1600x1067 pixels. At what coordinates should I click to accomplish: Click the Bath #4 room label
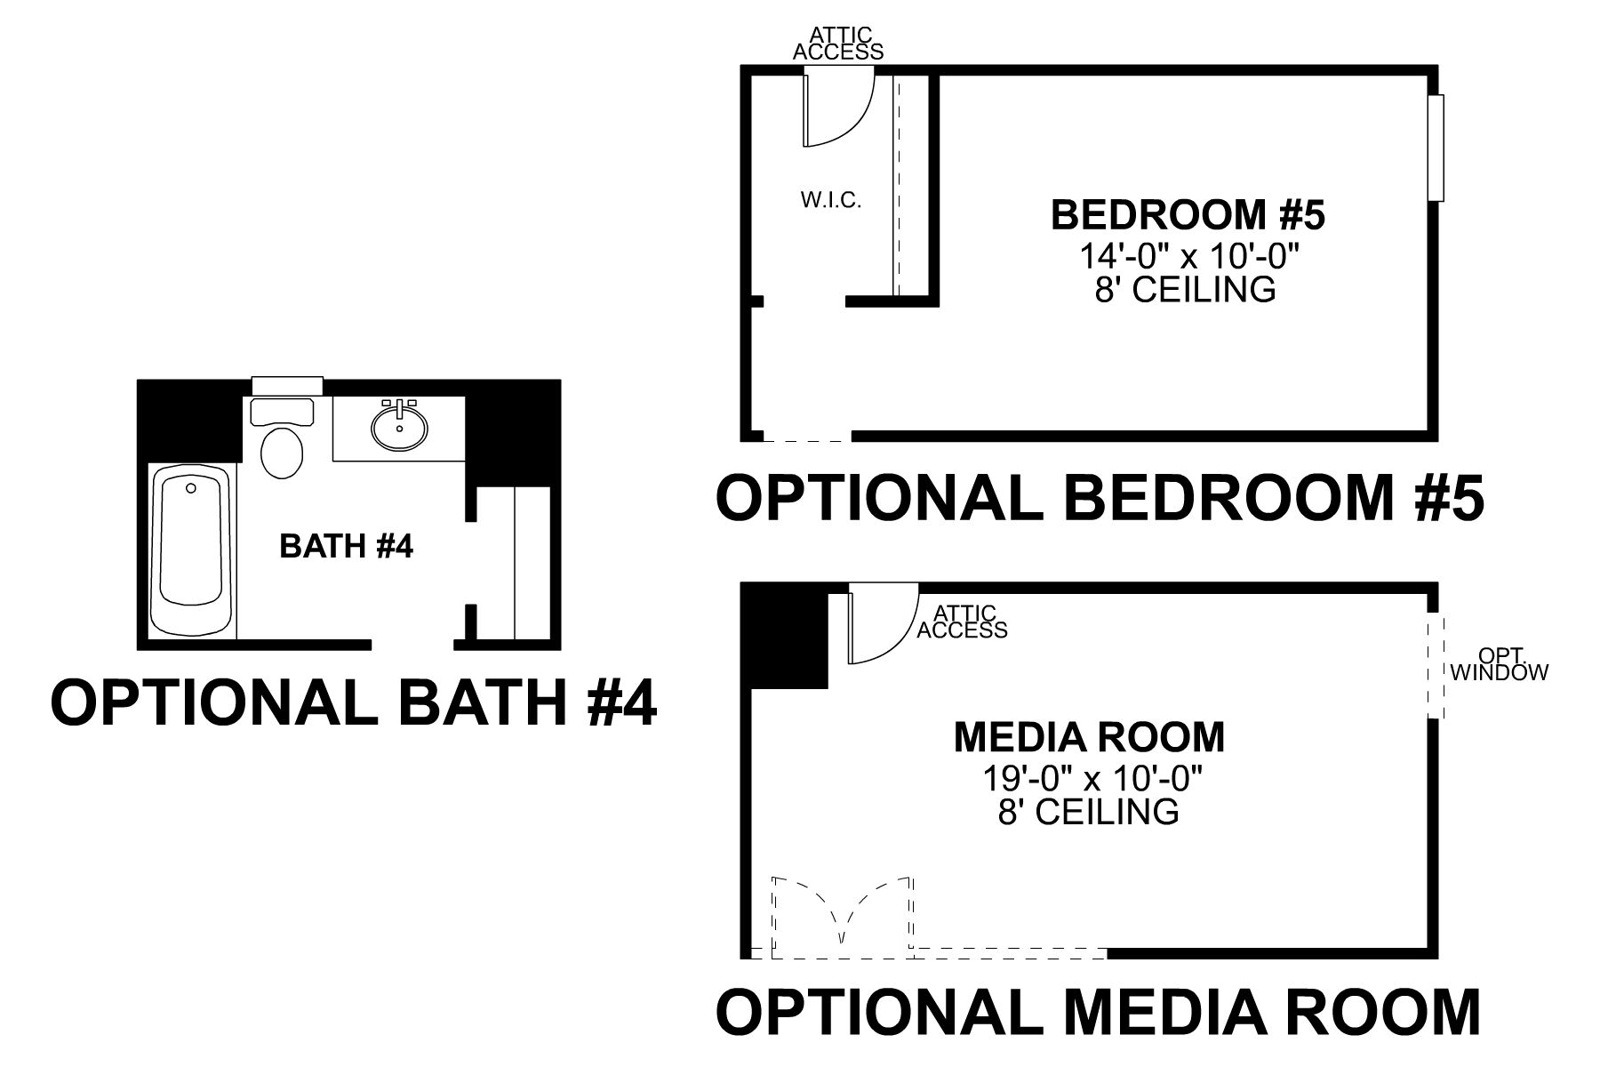[347, 546]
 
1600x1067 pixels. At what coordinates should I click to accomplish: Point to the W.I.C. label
[831, 200]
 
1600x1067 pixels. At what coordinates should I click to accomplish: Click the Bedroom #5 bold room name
[1188, 215]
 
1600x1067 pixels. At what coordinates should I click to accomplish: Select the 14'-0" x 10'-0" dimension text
[1189, 256]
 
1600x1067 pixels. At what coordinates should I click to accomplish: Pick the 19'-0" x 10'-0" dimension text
[1092, 779]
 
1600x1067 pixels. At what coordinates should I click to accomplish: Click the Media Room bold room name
[1089, 736]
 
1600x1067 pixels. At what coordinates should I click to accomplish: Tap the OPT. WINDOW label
[1499, 666]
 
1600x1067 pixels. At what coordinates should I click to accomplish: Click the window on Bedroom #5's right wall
[1436, 148]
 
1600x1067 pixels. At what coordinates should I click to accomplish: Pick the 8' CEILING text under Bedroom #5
[1185, 290]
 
